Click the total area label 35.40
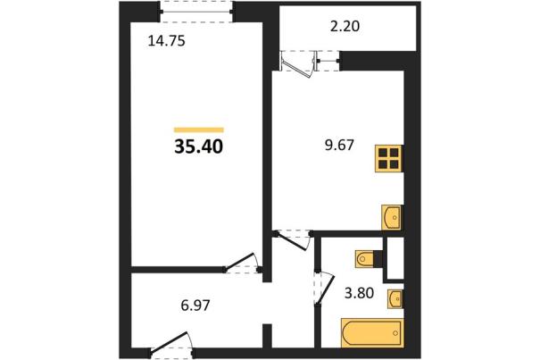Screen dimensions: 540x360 coord(199,147)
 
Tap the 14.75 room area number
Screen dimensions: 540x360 coord(166,41)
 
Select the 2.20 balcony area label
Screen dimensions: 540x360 coord(345,26)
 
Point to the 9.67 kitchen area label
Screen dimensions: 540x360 coord(339,146)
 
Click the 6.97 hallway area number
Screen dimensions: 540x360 coord(195,306)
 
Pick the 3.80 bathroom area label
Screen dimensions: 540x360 coord(359,293)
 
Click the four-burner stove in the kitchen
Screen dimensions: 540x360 coord(389,159)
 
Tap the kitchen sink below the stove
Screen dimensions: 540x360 coord(392,218)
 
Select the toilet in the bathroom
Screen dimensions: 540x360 coord(366,258)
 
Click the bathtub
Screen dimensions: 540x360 coord(372,333)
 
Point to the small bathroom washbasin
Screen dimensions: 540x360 coord(395,298)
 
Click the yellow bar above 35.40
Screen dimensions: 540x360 coord(199,130)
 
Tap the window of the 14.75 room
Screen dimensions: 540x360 coord(196,12)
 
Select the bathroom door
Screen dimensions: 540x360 coord(324,288)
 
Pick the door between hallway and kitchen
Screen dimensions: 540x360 coord(293,239)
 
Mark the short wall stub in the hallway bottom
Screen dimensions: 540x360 coord(267,336)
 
